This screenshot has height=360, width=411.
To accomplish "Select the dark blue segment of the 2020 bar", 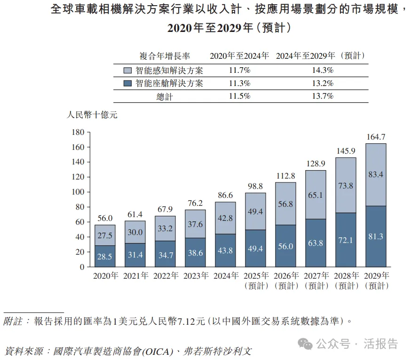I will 105,256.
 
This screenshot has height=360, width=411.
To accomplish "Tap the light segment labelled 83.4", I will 375,174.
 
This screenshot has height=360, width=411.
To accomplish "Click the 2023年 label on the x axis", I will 195,276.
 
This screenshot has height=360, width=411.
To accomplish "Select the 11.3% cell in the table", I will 239,84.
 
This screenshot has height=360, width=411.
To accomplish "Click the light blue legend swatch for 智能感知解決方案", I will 127,70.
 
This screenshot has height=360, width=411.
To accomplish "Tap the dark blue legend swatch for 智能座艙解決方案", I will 127,84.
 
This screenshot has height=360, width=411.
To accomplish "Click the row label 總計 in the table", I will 164,96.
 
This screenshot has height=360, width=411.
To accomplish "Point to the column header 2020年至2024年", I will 239,55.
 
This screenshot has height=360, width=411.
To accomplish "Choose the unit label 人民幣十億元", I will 92,115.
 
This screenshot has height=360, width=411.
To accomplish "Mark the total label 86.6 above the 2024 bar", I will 225,195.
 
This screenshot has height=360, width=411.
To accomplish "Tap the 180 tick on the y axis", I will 77,132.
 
